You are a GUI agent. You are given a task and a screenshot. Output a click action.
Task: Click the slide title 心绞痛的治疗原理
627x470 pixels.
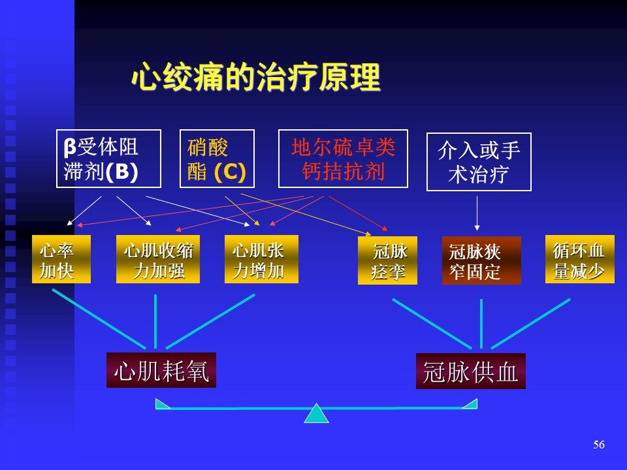(x=256, y=77)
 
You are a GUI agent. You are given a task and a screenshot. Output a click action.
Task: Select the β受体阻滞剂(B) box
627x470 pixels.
(x=109, y=159)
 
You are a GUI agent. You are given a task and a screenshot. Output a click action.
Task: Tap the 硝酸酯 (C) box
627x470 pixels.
(x=217, y=159)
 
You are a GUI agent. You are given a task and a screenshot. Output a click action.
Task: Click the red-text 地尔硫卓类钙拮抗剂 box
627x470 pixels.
(x=343, y=159)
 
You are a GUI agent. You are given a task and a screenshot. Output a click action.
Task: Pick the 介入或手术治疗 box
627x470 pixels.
(x=479, y=162)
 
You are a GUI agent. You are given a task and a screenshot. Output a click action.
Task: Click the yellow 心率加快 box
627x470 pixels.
(x=61, y=259)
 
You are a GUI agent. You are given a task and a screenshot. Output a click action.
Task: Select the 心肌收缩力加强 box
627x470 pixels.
(x=158, y=259)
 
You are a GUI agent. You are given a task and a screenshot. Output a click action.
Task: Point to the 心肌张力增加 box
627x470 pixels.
(x=261, y=259)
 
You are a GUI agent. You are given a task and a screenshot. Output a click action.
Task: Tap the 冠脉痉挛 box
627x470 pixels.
(x=387, y=260)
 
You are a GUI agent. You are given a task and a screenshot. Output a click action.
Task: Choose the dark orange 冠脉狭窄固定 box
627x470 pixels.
(x=481, y=260)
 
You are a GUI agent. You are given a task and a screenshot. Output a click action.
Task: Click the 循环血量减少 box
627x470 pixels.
(x=580, y=259)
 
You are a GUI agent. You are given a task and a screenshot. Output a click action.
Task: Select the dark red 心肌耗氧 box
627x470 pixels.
(x=161, y=370)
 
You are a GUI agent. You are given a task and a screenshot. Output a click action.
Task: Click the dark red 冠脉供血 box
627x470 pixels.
(x=471, y=371)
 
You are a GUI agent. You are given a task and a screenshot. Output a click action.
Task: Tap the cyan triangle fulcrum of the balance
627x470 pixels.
(x=316, y=414)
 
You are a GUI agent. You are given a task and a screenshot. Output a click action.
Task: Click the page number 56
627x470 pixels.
(x=599, y=445)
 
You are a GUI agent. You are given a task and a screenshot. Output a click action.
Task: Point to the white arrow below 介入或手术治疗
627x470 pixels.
(x=477, y=213)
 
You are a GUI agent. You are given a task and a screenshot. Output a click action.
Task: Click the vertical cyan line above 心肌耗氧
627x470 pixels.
(x=155, y=321)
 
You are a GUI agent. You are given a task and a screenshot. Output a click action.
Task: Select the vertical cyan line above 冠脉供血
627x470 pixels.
(x=481, y=324)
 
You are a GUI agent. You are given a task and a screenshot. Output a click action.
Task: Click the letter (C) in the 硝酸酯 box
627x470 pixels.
(x=230, y=172)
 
